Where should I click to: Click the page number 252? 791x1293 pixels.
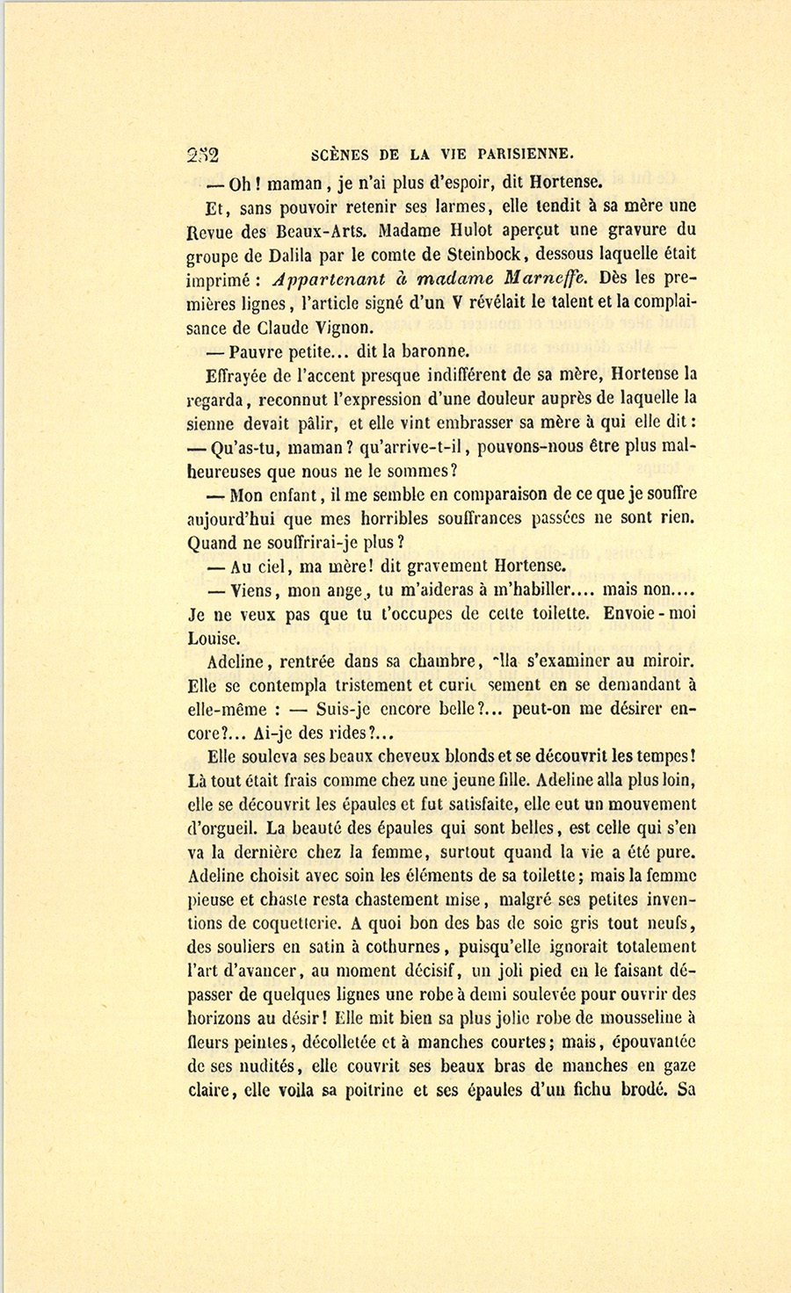coord(203,155)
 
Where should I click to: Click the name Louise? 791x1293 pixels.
coord(214,639)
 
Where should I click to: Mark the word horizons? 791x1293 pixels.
coord(220,1019)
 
